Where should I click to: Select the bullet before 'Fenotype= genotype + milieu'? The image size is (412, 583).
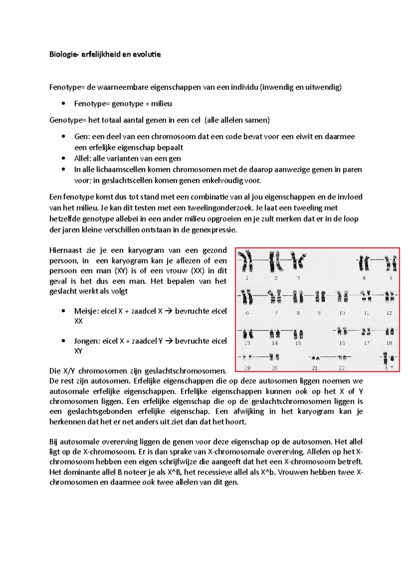click(63, 104)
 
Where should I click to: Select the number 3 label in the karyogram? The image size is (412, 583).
click(298, 278)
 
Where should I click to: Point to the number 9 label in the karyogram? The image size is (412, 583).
click(319, 313)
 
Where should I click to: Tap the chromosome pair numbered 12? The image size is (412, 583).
click(390, 297)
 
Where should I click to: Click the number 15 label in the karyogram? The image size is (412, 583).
click(298, 343)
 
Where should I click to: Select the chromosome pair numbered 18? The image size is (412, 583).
click(390, 332)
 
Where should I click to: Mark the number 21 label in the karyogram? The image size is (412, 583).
click(315, 368)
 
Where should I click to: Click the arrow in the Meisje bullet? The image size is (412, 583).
click(169, 311)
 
